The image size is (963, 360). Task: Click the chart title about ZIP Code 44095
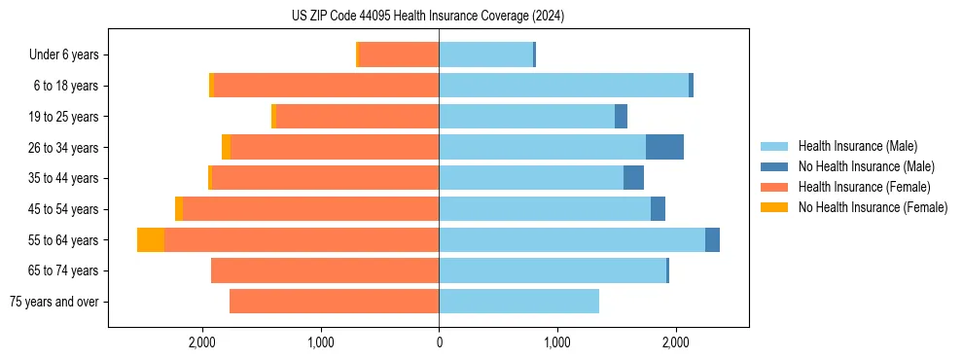point(427,16)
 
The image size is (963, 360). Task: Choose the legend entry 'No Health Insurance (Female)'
point(873,207)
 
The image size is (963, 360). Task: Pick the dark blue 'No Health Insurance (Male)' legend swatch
point(774,166)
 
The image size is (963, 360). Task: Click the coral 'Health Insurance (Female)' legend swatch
point(774,187)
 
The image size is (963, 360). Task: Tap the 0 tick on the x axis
point(439,342)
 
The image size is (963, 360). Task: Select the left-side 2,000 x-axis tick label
point(201,342)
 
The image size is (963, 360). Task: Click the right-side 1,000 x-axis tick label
point(557,342)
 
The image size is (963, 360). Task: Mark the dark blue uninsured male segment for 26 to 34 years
point(664,147)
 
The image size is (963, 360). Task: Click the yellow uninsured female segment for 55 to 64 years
point(151,240)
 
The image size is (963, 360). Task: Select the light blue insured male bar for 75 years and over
point(518,302)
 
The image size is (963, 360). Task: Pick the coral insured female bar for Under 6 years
point(399,55)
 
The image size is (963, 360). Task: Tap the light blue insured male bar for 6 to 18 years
point(563,86)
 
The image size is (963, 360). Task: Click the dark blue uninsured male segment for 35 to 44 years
point(633,178)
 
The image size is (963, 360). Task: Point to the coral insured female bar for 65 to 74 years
point(325,270)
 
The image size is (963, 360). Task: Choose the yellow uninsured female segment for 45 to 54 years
point(179,209)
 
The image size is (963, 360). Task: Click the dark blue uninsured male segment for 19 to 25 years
point(621,117)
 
